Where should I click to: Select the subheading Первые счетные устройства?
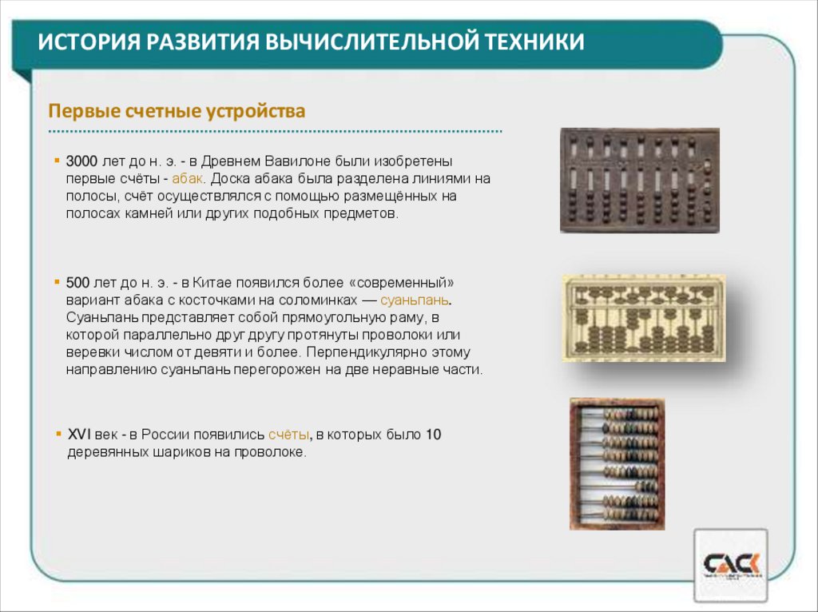point(177,111)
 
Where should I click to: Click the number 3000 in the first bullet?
point(81,161)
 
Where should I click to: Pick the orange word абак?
point(189,178)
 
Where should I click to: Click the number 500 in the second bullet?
point(77,283)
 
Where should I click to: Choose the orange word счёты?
point(288,435)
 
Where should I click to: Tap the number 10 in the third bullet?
point(433,435)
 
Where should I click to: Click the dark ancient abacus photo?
point(639,181)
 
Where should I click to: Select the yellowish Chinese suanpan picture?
point(644,317)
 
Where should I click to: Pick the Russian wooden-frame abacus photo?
point(617,463)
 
